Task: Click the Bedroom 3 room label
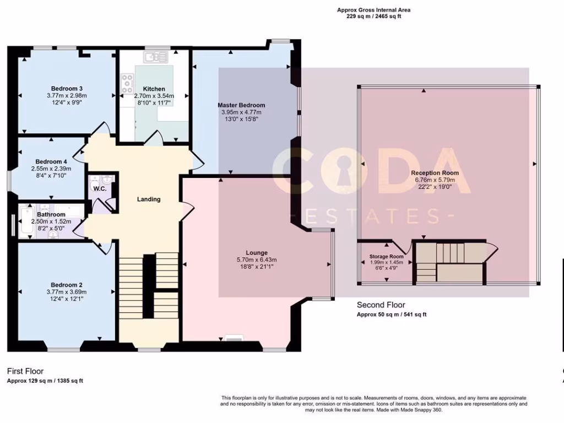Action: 67,88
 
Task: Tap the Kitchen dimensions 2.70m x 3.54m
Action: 154,96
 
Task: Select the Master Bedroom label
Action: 241,105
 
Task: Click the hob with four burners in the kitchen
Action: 127,84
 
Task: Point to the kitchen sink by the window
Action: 155,56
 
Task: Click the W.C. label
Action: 100,189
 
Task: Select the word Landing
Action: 149,199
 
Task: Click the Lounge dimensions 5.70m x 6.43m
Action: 256,260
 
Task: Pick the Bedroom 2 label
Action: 67,285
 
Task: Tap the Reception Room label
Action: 435,173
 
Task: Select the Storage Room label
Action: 386,257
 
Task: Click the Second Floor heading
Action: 381,305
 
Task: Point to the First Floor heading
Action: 25,371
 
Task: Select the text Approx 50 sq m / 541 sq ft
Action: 391,314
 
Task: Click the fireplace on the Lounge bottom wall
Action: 234,339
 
